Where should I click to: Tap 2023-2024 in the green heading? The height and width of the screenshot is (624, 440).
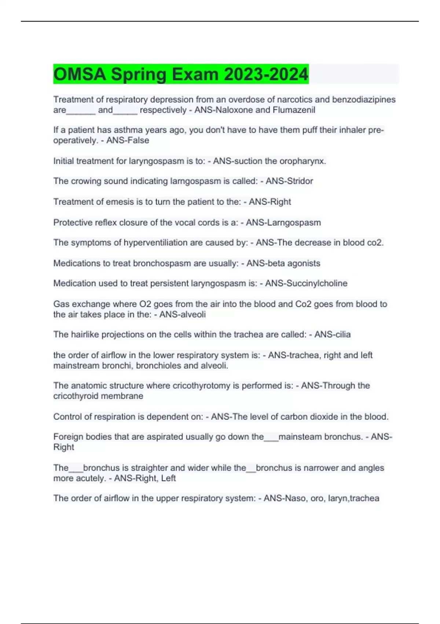point(266,75)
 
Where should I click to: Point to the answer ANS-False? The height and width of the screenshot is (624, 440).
point(128,141)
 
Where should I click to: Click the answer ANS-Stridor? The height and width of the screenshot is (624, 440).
point(289,181)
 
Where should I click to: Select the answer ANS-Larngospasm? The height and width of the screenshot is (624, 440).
point(283,223)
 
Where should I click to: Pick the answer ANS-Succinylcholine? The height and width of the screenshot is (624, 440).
point(306,284)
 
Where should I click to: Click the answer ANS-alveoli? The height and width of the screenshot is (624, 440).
point(182,315)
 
